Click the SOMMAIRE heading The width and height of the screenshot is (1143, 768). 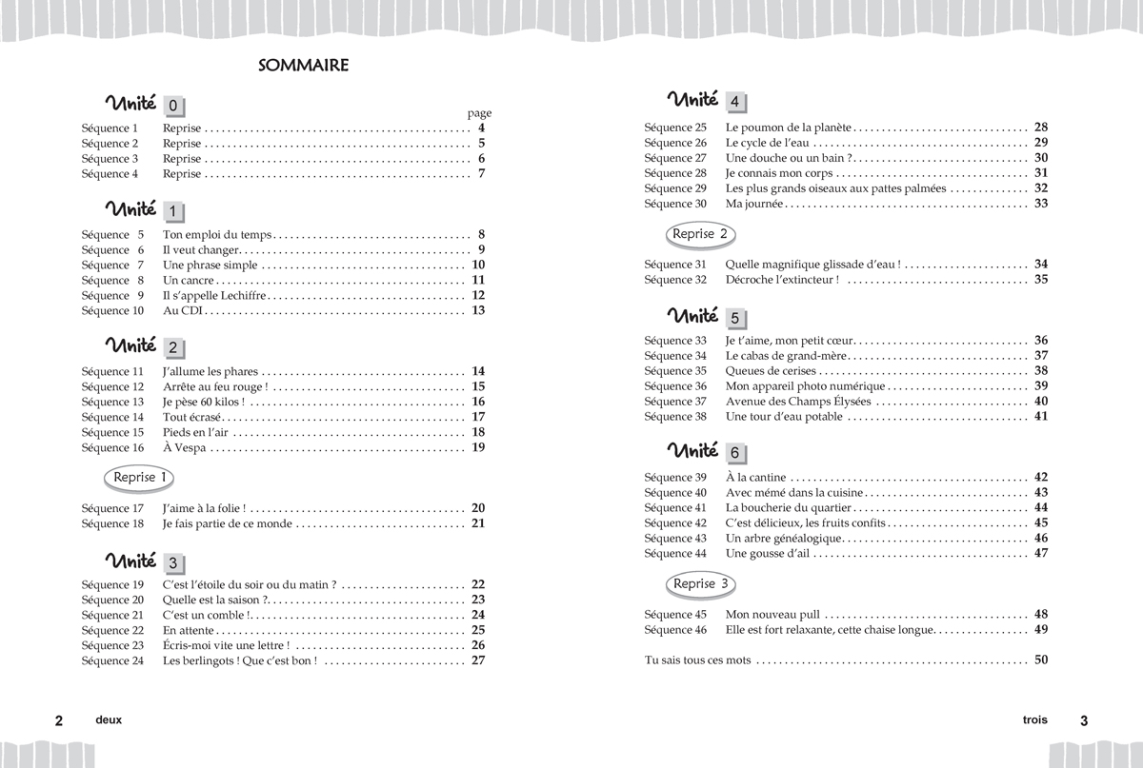[303, 66]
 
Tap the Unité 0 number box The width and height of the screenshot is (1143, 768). [174, 107]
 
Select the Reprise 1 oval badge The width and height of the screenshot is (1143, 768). [140, 478]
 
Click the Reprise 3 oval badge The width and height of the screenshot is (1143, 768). [700, 584]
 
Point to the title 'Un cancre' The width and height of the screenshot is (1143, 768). [189, 280]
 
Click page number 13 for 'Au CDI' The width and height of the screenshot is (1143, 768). [478, 310]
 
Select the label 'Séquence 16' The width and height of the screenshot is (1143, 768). [112, 447]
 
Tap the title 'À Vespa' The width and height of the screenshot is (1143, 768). [184, 447]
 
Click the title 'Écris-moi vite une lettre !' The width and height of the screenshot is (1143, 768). [226, 645]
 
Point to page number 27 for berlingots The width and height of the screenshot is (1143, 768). [478, 660]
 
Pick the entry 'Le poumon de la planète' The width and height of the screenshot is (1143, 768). [788, 128]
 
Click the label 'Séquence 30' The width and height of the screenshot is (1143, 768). [675, 204]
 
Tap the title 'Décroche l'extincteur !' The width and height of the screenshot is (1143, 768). [782, 280]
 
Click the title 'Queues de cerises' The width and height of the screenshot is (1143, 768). [771, 371]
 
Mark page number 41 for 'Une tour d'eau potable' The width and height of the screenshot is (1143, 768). [1040, 416]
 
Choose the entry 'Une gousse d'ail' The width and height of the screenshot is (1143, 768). [768, 554]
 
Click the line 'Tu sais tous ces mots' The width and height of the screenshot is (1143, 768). [698, 660]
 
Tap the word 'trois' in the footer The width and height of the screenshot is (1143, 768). [1029, 720]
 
